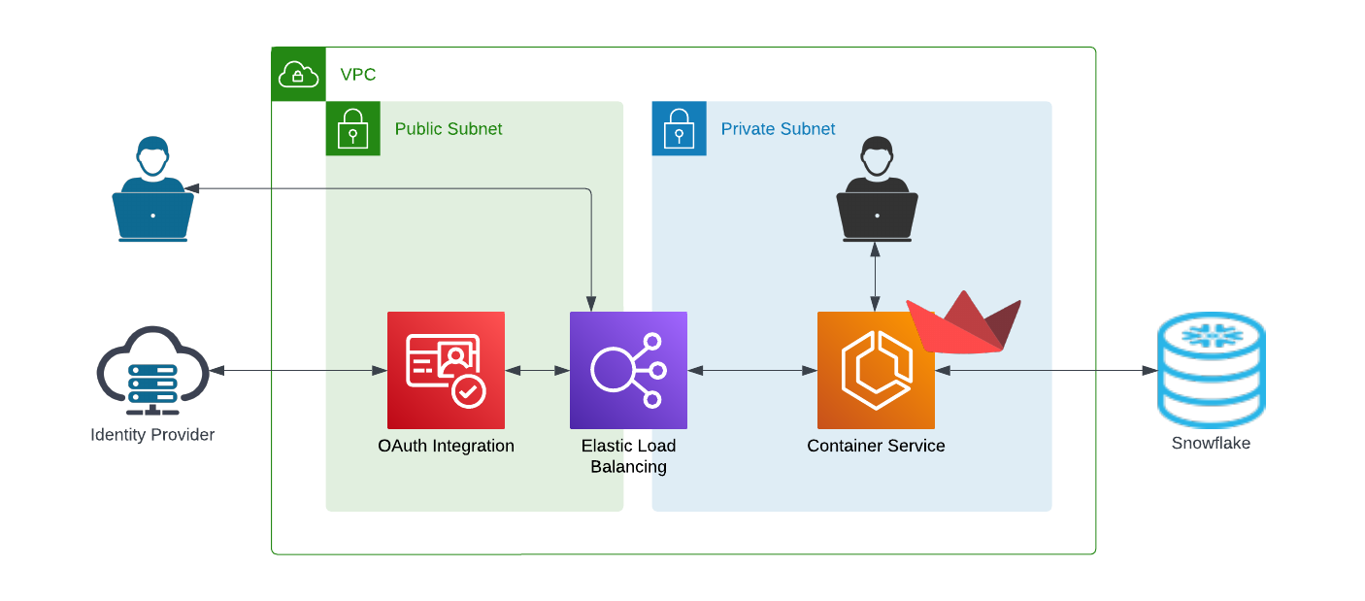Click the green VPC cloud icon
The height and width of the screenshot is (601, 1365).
(298, 74)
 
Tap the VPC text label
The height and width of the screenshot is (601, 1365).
(357, 75)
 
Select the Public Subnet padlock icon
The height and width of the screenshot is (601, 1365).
(352, 128)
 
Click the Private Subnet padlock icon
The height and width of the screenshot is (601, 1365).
(679, 128)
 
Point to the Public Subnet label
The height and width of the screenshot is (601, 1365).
(448, 128)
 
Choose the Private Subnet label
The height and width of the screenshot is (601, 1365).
(778, 128)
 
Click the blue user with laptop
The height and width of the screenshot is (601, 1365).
(153, 189)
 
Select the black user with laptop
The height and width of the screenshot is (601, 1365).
(877, 189)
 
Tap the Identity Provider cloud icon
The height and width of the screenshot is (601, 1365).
(153, 371)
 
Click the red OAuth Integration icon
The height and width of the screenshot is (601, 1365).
(446, 371)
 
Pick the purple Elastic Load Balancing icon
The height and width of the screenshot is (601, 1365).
(628, 371)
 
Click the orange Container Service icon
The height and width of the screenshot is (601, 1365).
(876, 371)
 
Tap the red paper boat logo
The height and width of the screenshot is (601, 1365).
(964, 323)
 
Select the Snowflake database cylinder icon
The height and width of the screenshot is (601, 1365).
(1212, 370)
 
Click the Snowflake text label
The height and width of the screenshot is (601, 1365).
(1211, 443)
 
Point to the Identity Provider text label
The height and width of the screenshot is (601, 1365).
(152, 435)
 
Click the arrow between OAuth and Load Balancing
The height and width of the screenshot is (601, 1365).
(537, 371)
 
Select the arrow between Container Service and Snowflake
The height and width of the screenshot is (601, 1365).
(1047, 371)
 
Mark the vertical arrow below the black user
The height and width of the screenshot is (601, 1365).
(875, 277)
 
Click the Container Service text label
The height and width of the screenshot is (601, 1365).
(876, 446)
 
